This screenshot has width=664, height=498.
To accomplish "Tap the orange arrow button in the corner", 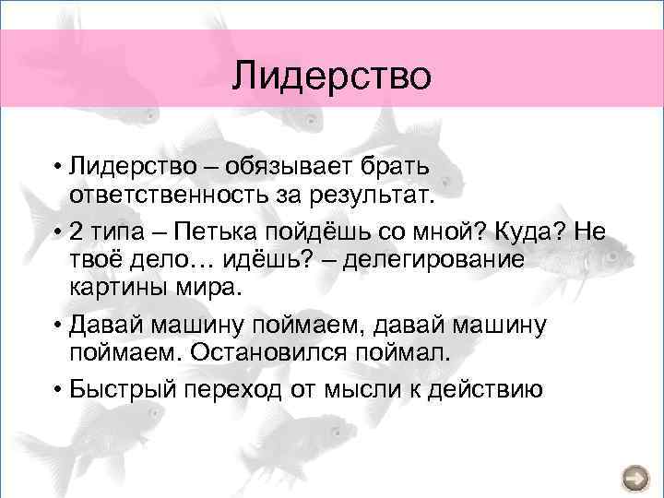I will (x=635, y=478).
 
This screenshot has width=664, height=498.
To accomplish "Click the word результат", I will (x=363, y=196).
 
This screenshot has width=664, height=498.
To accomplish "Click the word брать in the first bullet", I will (x=405, y=166).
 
